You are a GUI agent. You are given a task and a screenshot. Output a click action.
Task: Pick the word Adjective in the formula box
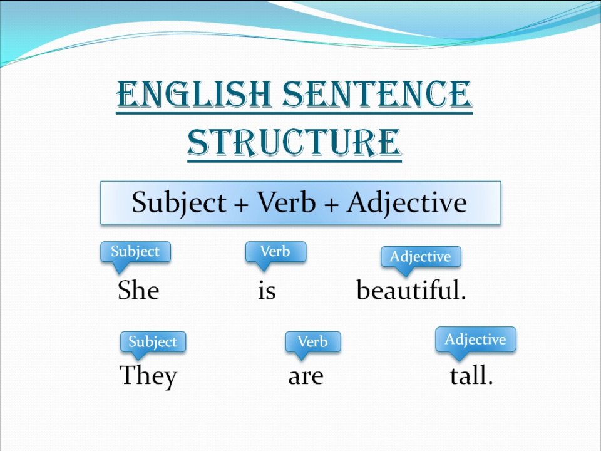(x=407, y=203)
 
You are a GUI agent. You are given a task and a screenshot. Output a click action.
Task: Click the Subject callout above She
(x=135, y=252)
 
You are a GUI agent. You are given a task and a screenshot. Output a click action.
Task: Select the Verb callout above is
(x=275, y=252)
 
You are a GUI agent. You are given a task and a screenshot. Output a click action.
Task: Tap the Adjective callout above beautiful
(x=420, y=256)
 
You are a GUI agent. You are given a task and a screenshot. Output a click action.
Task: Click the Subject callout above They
(x=153, y=342)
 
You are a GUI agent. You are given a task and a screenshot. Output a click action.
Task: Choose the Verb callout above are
(x=312, y=342)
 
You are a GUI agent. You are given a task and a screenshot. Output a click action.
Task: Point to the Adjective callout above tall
(x=475, y=340)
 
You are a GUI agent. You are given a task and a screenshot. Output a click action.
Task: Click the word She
(x=138, y=291)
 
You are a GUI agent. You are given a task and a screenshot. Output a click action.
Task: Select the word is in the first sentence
(x=267, y=291)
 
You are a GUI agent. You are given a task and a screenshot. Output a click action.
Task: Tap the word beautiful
(x=411, y=291)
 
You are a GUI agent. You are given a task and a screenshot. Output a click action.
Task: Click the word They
(x=148, y=376)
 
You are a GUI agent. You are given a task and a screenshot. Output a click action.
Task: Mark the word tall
(x=471, y=376)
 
